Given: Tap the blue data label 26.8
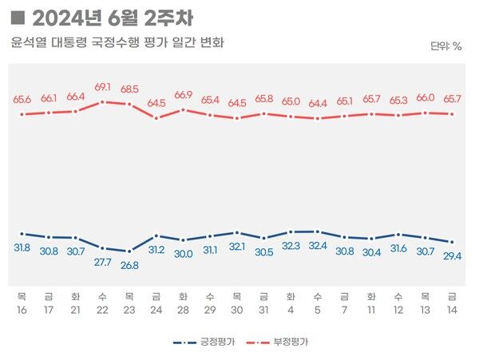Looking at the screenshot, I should [129, 266].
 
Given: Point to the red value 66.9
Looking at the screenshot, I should [184, 95].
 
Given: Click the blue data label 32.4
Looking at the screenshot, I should [318, 246].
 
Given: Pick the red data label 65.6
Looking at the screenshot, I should [22, 100].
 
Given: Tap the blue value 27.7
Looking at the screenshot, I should [103, 262].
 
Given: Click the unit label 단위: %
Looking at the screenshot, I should [445, 46].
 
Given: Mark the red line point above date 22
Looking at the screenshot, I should [103, 102].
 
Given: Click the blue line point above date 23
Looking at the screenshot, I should [129, 251].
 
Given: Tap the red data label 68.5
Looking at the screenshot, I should [129, 88].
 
